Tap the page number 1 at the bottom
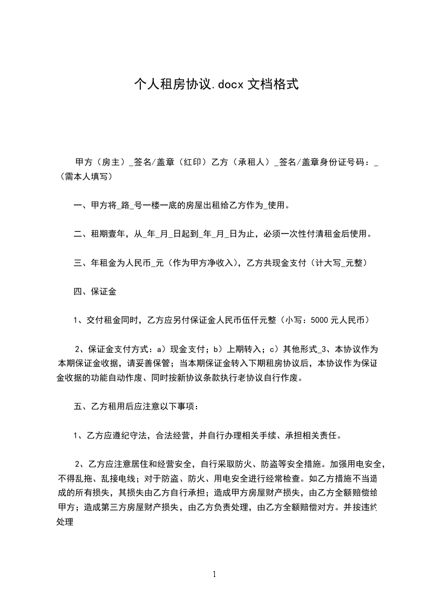pos(215,574)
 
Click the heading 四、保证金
pos(95,292)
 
